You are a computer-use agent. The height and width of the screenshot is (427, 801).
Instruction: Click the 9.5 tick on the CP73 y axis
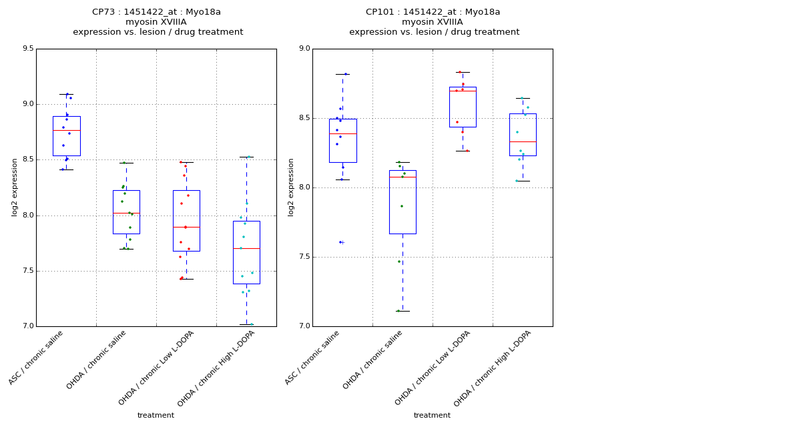click(27, 49)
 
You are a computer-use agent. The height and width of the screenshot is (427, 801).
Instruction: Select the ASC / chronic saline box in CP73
click(66, 136)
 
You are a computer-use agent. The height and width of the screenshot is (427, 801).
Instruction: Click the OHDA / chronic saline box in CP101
click(403, 202)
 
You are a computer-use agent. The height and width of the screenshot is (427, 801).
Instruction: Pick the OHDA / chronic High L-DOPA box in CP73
click(246, 252)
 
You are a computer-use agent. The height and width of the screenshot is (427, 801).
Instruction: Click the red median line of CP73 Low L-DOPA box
click(186, 227)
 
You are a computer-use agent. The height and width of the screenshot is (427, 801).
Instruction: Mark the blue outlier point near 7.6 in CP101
click(340, 242)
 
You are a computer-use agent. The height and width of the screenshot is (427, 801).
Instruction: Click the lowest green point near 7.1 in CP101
click(398, 311)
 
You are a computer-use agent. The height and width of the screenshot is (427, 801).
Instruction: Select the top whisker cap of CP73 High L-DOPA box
click(246, 157)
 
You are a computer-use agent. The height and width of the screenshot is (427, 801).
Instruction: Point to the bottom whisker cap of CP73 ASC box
click(66, 169)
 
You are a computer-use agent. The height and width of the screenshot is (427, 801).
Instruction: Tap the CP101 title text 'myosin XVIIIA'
click(433, 22)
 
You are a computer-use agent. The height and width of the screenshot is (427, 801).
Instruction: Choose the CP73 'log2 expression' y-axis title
click(15, 187)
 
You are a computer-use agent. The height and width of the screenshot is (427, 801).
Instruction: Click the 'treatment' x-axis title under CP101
click(432, 416)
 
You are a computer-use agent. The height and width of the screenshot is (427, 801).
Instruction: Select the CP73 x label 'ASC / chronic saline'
click(37, 358)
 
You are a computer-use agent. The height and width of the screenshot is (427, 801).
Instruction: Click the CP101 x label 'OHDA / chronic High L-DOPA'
click(488, 368)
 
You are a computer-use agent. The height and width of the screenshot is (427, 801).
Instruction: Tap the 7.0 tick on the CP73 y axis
click(27, 326)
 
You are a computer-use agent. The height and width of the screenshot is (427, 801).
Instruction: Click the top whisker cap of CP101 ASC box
click(342, 74)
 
